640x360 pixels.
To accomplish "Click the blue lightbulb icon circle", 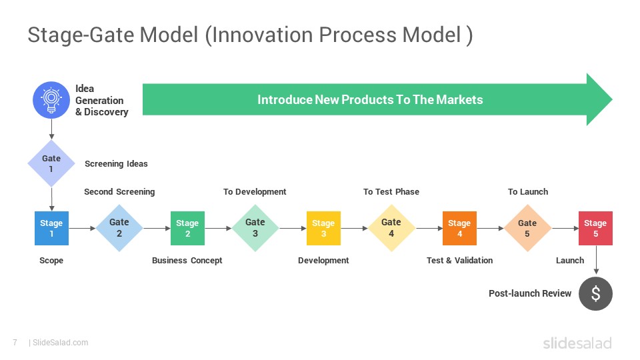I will pos(51,100).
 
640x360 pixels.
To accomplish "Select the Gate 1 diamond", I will pos(51,163).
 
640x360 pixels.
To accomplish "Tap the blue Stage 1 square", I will pos(51,228).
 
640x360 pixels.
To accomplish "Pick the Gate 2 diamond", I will pos(119,228).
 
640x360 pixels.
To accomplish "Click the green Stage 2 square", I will pos(187,228).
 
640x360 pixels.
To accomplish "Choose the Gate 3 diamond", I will pos(255,228).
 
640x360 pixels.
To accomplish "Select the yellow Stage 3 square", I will pos(323,228).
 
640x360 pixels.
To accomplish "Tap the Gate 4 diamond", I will pos(391,228).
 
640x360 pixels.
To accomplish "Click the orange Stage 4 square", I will pos(459,228).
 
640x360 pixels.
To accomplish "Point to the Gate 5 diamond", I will pos(527,228).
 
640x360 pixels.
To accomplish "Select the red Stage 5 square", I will pos(595,228).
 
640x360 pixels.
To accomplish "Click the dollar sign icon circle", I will pos(595,293).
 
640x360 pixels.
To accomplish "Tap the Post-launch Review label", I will pos(530,293).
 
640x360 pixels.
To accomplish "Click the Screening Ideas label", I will pos(116,164).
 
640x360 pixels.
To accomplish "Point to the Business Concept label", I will pos(187,261).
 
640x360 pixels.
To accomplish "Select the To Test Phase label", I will pos(391,192).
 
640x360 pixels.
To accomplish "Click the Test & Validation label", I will pos(459,261).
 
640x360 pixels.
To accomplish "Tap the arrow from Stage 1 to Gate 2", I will pos(82,228).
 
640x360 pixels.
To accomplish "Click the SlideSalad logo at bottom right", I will pos(577,343).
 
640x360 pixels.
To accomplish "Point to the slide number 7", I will pos(15,343).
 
